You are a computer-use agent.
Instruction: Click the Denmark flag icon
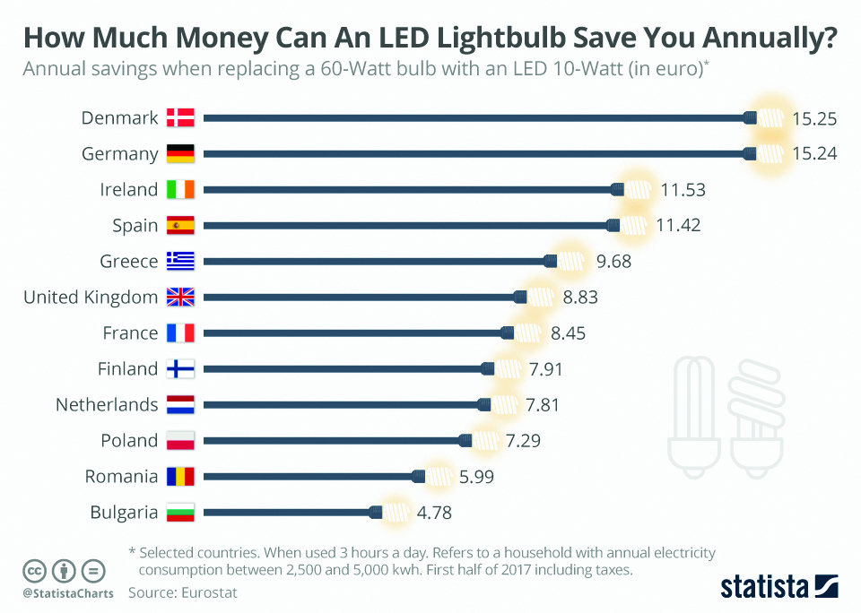tap(180, 117)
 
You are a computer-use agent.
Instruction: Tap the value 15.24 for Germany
tap(814, 153)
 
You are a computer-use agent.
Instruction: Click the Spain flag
tap(180, 225)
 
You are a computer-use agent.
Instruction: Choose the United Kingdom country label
tap(91, 297)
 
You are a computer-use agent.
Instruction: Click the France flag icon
tap(180, 332)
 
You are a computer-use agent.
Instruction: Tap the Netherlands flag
tap(180, 404)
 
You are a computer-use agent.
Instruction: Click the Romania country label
tap(121, 476)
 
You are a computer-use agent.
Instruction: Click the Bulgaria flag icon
tap(180, 513)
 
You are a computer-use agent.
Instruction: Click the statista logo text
tap(762, 587)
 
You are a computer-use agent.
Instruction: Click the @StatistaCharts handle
tap(68, 593)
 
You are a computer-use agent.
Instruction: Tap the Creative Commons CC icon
tap(35, 570)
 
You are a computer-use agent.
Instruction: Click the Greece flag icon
tap(180, 261)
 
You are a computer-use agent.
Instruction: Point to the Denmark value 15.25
tap(814, 117)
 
